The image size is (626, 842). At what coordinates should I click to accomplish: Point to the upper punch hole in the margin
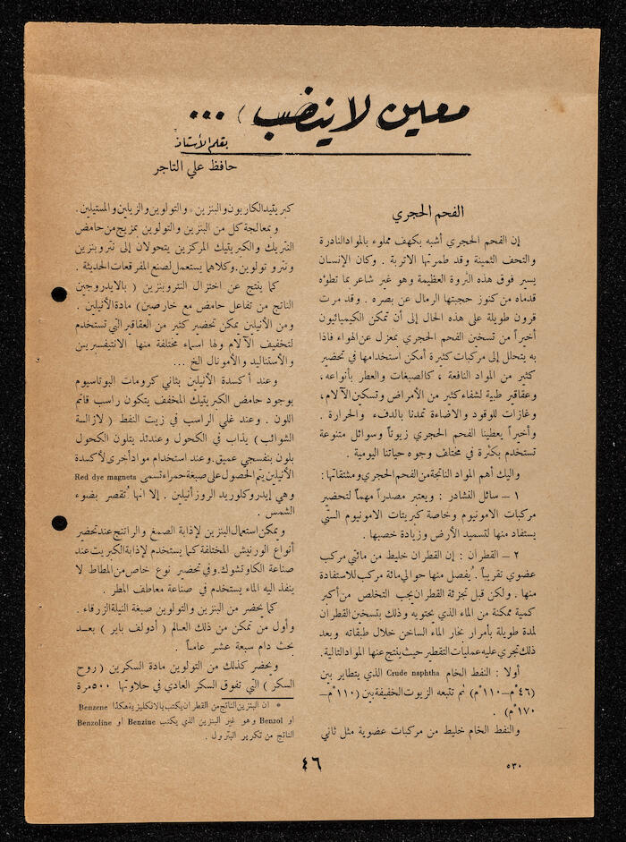60,293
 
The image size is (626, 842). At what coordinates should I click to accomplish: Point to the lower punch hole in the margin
59,523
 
